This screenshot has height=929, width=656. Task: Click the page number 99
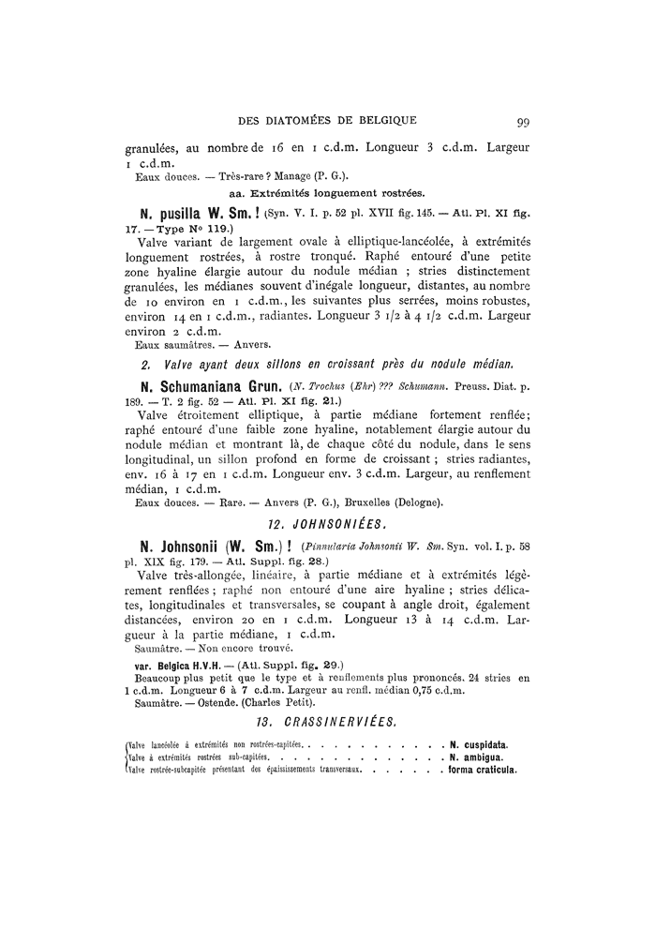(523, 120)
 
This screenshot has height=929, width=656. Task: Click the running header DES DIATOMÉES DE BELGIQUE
(327, 120)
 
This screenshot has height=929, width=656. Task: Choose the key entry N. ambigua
(477, 757)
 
